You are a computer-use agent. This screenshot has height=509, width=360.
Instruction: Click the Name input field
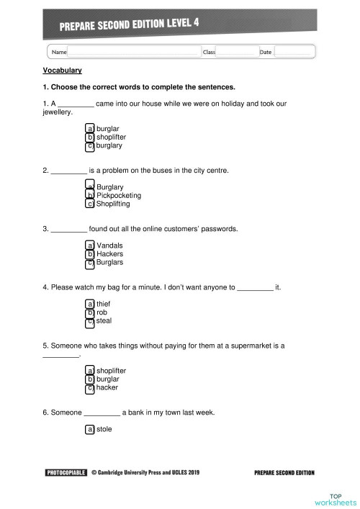click(134, 52)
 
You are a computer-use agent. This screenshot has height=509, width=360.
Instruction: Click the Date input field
click(294, 52)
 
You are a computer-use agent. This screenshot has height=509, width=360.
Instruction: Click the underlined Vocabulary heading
click(63, 71)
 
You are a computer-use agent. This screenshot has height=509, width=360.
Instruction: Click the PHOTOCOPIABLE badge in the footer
click(66, 473)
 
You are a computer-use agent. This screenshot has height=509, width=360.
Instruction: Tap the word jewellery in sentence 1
click(57, 113)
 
